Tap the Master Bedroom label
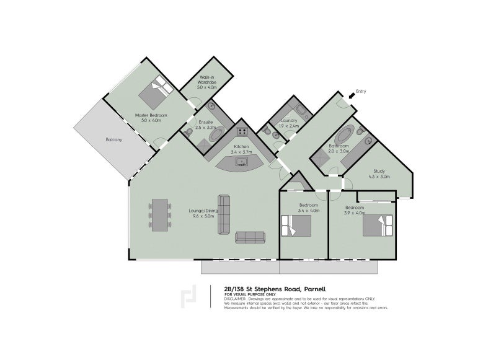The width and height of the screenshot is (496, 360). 148,115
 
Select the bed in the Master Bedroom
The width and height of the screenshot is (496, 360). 156,92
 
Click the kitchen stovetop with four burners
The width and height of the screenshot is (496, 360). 242,131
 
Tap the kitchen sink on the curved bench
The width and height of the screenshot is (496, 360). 241,162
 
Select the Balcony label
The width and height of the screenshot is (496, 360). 113,139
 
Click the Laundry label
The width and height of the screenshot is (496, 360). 289,120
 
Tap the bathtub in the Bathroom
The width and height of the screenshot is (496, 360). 344,136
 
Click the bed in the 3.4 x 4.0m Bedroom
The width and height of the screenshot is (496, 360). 295,226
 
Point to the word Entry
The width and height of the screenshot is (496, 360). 361,91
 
